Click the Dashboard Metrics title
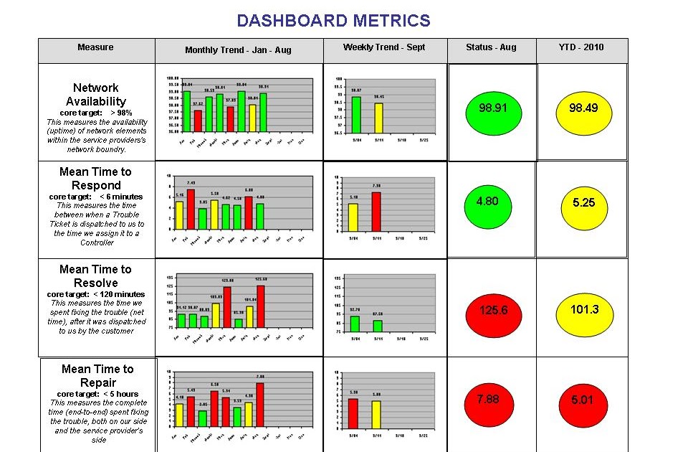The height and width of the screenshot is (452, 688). tap(333, 21)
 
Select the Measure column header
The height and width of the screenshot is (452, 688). tap(95, 47)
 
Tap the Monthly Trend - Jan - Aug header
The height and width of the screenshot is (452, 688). tap(238, 50)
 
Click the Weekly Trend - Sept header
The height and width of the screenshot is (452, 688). tap(384, 47)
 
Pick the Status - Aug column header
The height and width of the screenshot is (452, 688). tap(491, 47)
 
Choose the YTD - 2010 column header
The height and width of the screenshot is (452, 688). tap(581, 47)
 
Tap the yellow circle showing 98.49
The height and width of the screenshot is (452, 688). tap(583, 109)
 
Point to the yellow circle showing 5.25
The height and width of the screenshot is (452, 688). tap(583, 203)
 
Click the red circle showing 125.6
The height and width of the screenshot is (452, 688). tap(492, 310)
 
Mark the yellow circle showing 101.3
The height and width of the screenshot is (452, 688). tap(583, 310)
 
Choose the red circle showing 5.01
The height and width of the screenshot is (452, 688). tap(582, 400)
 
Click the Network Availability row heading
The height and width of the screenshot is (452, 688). tap(96, 95)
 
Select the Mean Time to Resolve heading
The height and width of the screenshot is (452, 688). tap(95, 276)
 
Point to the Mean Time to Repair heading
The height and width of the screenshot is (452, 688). tap(97, 375)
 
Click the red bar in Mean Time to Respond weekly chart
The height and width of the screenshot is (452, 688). tap(376, 209)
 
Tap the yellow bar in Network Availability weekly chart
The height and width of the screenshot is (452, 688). tap(378, 118)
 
